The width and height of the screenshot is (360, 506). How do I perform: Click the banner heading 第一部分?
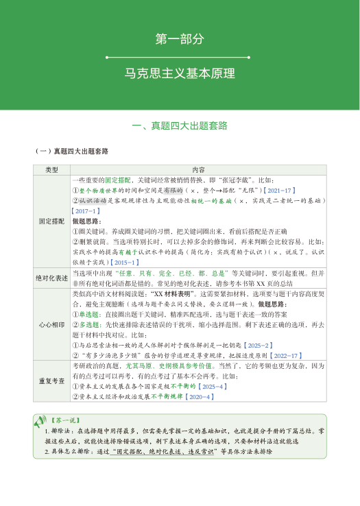coord(180,40)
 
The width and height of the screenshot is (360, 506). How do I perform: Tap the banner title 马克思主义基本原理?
coord(180,73)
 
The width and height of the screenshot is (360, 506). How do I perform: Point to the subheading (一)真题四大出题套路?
coord(72,151)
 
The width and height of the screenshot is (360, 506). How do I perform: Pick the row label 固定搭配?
coord(52,221)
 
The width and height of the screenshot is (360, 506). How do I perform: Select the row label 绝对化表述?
coord(52,278)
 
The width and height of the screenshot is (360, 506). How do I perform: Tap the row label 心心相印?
coord(52,324)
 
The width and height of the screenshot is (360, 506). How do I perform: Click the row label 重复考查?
coord(52,381)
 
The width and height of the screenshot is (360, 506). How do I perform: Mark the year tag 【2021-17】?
coord(279,190)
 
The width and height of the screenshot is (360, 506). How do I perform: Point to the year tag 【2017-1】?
coord(87,211)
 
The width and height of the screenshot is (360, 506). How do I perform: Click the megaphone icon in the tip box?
coord(40,418)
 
